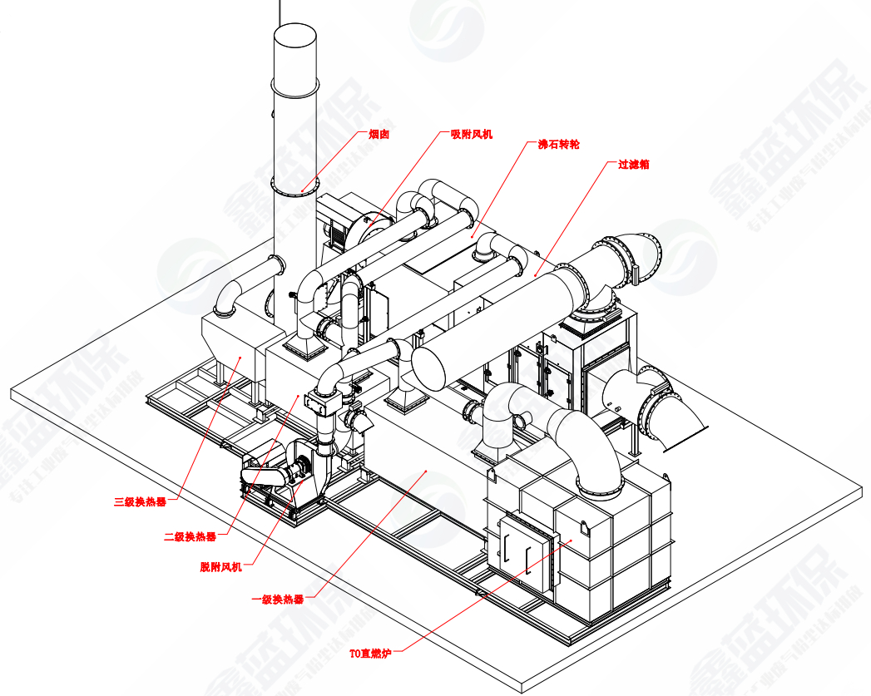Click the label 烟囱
pos(379,133)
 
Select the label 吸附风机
pos(471,133)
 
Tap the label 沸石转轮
pos(558,145)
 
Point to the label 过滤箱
pos(633,165)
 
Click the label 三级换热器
pos(140,501)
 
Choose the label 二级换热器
pos(190,536)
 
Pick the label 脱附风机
pos(220,567)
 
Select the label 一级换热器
pos(277,599)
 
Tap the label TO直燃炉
pos(369,654)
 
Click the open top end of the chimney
pos(295,33)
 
